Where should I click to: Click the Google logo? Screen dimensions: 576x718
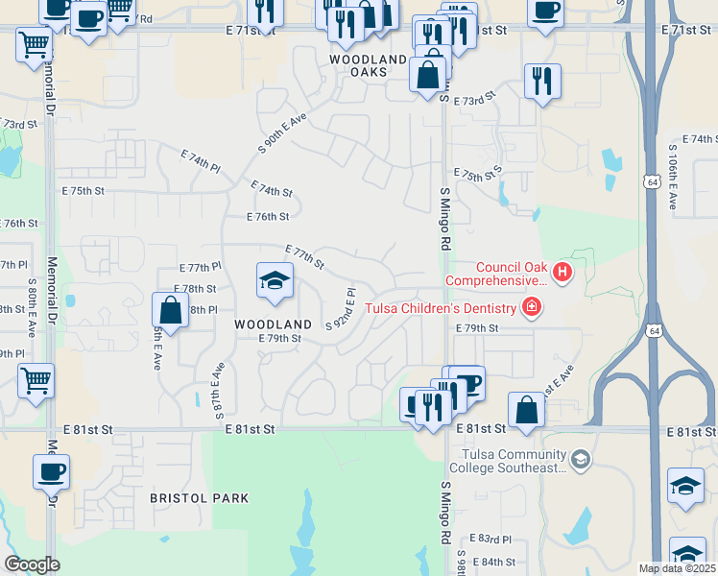coord(32,564)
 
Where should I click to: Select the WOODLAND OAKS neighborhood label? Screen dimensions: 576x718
coord(368,65)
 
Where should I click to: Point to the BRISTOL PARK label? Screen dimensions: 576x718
coord(199,498)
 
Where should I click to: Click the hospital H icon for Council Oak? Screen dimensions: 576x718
coord(562,274)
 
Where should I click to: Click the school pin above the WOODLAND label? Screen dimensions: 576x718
coord(275,281)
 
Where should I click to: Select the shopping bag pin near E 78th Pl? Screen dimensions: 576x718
coord(170,311)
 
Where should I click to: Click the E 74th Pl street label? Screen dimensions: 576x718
coord(201,159)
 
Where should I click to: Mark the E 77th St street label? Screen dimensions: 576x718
coord(303,255)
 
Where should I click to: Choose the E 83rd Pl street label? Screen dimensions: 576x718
coord(491,540)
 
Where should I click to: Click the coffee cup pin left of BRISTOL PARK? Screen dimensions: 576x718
coord(52,472)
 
